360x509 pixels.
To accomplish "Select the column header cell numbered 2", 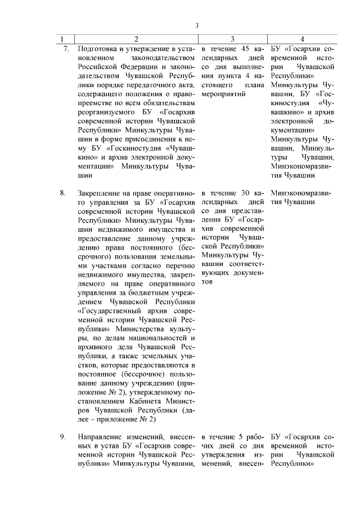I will pyautogui.click(x=136, y=39).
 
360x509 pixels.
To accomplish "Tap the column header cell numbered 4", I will pyautogui.click(x=302, y=39).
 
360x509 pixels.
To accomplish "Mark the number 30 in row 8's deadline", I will pyautogui.click(x=246, y=193).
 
